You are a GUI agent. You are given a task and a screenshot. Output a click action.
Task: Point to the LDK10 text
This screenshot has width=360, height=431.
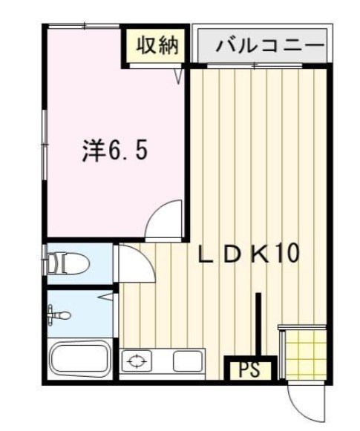[248, 254]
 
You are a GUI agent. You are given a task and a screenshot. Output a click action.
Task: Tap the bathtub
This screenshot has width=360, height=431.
[80, 360]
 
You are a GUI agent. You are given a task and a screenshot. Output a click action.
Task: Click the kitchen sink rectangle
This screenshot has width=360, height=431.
[188, 362]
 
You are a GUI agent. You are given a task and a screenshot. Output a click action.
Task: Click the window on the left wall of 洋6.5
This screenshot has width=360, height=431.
[44, 141]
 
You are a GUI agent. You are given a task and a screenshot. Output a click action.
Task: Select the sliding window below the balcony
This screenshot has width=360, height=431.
[257, 67]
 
